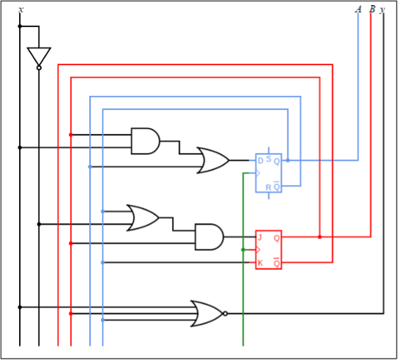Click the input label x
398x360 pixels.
(20, 10)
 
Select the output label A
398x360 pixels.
(358, 10)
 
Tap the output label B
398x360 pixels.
(372, 10)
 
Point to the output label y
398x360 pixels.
(383, 10)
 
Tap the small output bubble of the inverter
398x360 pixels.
(39, 68)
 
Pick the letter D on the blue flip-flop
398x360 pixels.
(260, 160)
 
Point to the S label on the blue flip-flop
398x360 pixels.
(269, 158)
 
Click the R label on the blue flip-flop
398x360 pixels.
(269, 187)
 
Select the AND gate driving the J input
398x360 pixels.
(209, 236)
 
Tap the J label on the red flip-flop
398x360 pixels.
(260, 237)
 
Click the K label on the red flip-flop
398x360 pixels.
(260, 263)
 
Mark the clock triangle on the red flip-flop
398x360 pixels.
(258, 250)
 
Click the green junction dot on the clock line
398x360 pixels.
(243, 250)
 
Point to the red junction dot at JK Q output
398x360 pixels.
(320, 237)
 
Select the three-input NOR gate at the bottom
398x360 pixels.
(206, 313)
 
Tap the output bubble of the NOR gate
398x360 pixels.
(225, 313)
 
